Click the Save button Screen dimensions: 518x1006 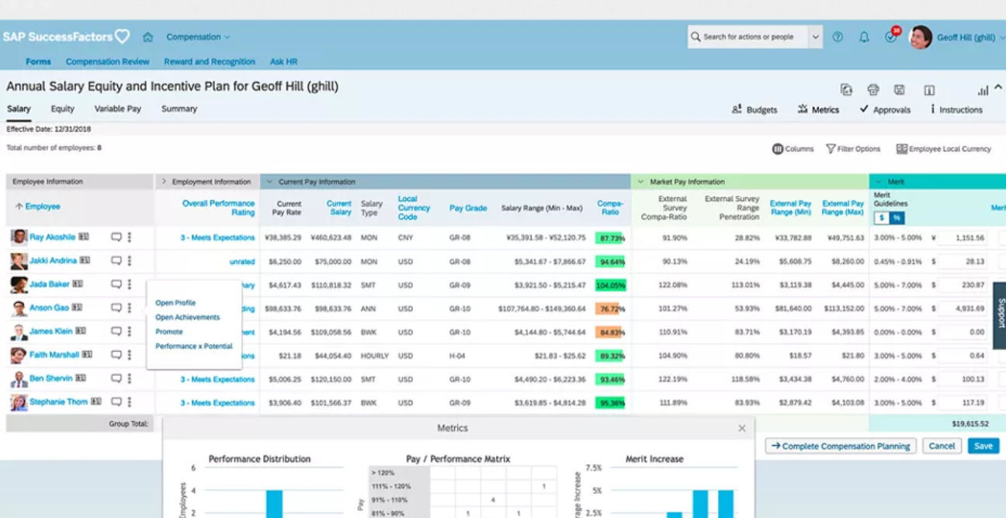point(983,446)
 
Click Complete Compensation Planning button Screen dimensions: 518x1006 point(841,446)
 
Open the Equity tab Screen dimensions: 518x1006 point(63,110)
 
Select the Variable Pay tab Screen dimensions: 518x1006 point(118,110)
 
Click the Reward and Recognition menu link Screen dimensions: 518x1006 point(210,62)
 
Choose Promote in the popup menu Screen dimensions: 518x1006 point(169,332)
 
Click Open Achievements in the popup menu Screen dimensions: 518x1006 point(187,318)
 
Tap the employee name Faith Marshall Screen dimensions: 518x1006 point(54,355)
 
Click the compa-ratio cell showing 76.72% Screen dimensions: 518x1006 point(610,308)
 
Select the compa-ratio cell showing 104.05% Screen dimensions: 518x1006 point(610,285)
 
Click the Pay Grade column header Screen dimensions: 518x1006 point(468,208)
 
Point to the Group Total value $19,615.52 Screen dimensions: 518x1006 point(970,424)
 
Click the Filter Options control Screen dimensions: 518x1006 point(853,149)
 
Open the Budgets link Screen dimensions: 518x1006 point(754,110)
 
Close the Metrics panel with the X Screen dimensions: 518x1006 point(741,429)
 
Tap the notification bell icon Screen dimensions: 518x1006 point(864,37)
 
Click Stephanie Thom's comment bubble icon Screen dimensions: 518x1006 point(116,402)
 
